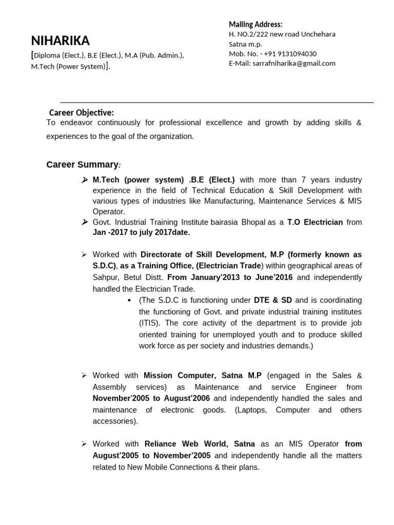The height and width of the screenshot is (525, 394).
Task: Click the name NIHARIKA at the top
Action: tap(60, 41)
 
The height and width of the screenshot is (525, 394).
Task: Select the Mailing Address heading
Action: tap(255, 24)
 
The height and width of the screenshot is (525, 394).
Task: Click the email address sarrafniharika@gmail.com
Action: tap(294, 64)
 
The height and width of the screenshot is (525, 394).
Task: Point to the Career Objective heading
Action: tap(82, 113)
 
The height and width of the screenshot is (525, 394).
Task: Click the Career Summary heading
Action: tap(83, 165)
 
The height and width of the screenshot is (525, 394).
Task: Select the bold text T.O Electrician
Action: tap(314, 222)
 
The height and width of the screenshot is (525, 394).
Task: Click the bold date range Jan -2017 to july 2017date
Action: tap(141, 232)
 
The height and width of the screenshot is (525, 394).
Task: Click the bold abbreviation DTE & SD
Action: tap(273, 300)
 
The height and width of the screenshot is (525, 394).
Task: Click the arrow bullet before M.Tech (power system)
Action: tap(85, 180)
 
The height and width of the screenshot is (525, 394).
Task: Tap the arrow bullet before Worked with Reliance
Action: tap(84, 444)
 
